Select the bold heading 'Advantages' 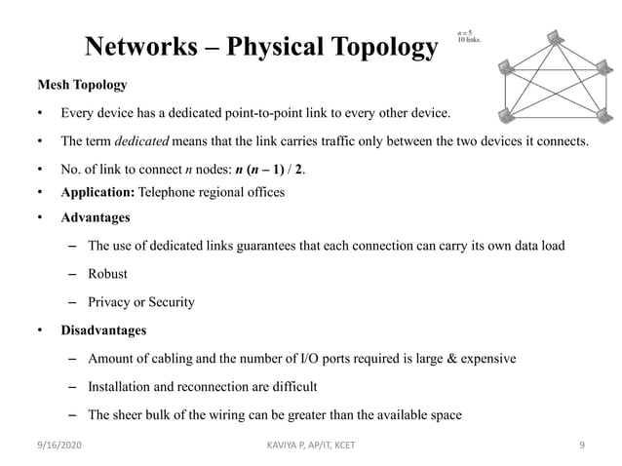(x=96, y=216)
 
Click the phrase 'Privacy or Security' (x=140, y=302)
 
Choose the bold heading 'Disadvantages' (x=103, y=330)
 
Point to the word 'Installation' (x=122, y=387)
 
